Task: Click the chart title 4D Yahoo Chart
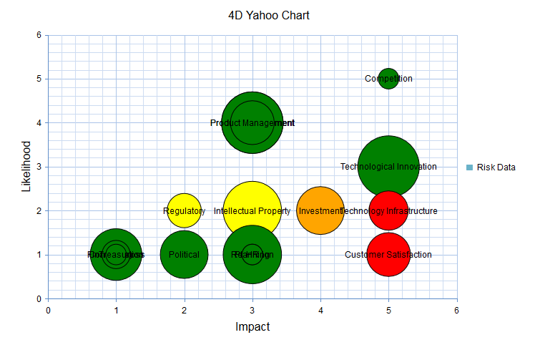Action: [269, 15]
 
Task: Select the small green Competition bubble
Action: [388, 78]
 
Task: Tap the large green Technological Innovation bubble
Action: [388, 166]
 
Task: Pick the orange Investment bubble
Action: [320, 210]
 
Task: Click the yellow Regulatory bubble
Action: [184, 210]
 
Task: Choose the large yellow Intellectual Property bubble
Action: [252, 210]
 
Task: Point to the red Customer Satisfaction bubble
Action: [388, 254]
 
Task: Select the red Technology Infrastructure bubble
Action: [388, 210]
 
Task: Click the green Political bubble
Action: [184, 254]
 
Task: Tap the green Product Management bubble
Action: [252, 123]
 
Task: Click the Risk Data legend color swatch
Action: [469, 167]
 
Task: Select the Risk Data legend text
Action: [496, 167]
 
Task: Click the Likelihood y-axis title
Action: [27, 166]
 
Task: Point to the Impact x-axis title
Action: [252, 326]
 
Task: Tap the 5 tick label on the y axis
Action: [38, 79]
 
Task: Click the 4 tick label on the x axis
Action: [320, 310]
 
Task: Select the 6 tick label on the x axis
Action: [456, 310]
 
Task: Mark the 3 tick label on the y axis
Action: [38, 167]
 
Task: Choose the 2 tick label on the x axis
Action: [185, 310]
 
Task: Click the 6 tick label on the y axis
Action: [38, 34]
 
